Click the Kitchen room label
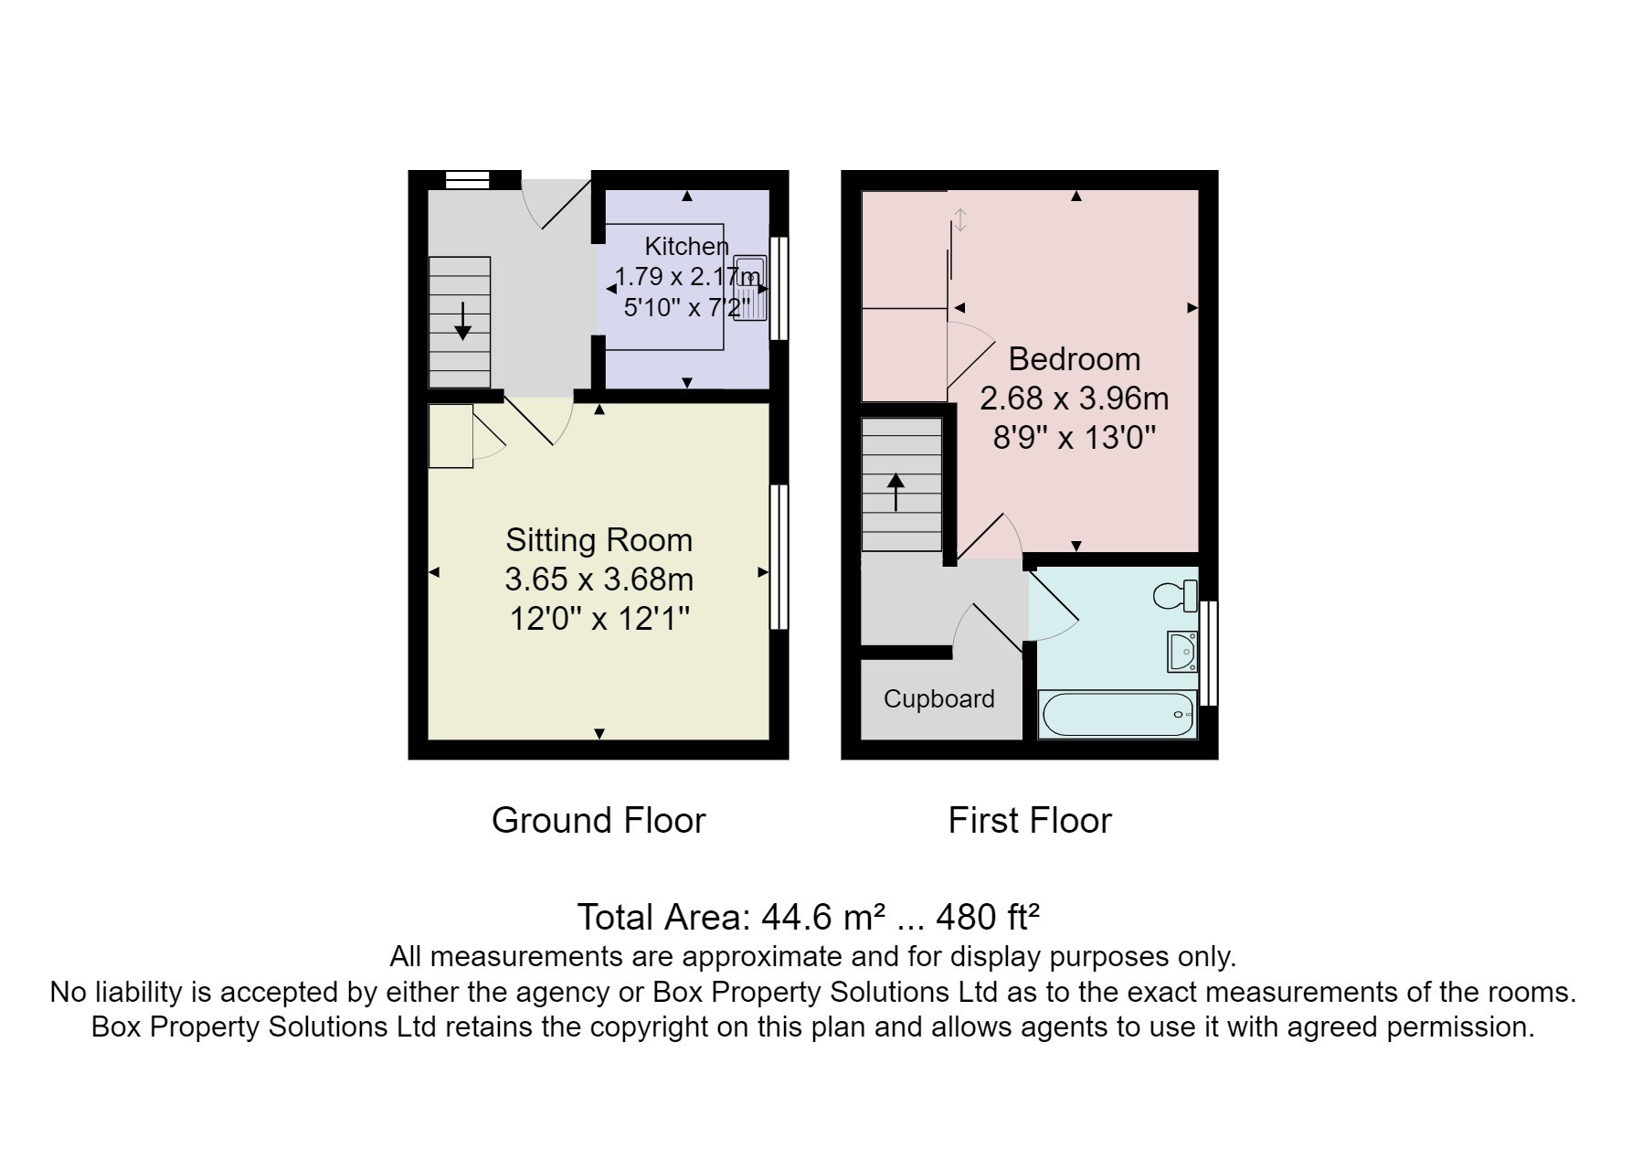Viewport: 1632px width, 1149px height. [686, 246]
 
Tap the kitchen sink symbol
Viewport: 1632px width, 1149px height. [749, 288]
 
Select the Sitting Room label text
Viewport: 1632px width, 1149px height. [599, 540]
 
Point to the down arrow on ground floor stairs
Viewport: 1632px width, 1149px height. [462, 321]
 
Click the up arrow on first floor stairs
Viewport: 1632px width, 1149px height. [896, 492]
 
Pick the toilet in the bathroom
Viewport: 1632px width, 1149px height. [1176, 596]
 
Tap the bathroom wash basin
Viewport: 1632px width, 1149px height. [1182, 652]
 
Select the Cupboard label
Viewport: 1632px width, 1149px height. [938, 699]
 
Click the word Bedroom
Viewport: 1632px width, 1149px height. [1074, 358]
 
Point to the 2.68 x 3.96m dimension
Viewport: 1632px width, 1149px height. [1074, 399]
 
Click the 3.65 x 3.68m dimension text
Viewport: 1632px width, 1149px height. [599, 580]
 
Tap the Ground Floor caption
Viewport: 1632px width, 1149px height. [599, 820]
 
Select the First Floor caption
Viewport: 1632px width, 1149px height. [1030, 820]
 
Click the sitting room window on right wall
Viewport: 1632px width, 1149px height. [779, 557]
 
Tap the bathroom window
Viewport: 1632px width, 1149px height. [1208, 653]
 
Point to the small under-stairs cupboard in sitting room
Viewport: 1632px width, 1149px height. [450, 436]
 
